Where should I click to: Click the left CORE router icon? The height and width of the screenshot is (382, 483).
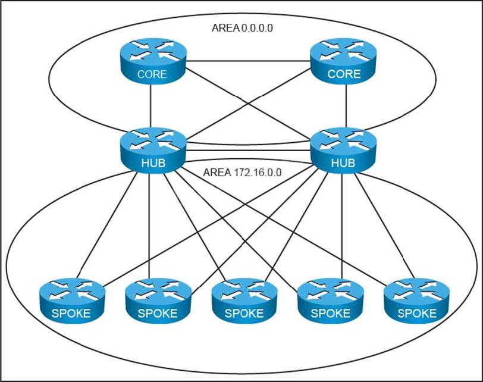click(152, 62)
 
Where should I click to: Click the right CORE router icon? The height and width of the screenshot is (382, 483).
click(344, 62)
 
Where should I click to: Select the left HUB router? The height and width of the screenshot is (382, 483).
click(152, 149)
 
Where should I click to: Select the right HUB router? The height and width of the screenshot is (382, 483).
click(344, 149)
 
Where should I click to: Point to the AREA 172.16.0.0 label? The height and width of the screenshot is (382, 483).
click(242, 173)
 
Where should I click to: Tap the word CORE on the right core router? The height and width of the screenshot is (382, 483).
click(344, 74)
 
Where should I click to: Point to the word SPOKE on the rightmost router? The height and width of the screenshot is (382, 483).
click(416, 313)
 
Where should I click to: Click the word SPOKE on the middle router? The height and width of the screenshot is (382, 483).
click(244, 313)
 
